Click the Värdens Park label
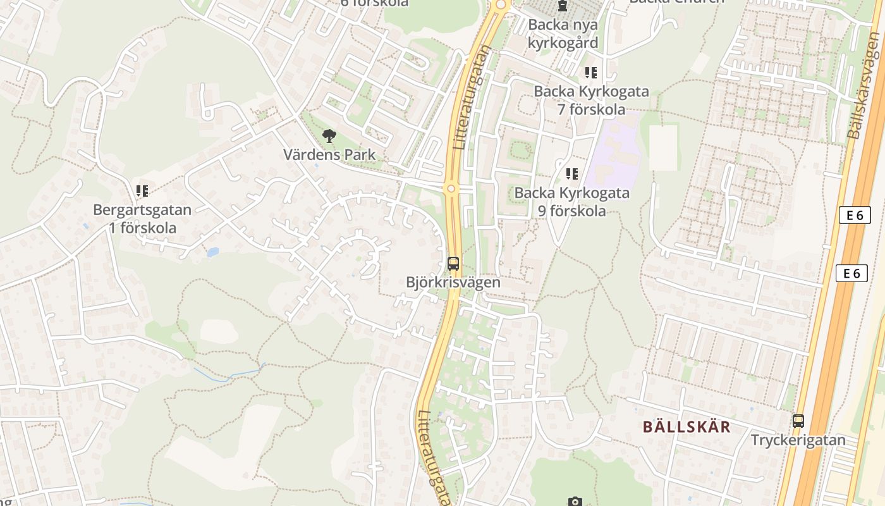329,154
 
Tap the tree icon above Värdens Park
329,135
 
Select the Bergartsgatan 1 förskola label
142,218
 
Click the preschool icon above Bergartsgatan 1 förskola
142,190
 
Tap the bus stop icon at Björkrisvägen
453,263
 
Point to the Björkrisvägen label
453,282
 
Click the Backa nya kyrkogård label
563,34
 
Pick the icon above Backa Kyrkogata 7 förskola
591,73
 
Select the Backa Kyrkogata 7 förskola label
591,100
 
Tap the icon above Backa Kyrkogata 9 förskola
572,173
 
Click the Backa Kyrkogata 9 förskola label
572,201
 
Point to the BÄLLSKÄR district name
687,426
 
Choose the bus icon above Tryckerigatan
798,421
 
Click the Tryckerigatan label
798,440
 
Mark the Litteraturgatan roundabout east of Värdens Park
451,188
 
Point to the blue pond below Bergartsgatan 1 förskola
212,252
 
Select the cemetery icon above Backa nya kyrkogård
563,6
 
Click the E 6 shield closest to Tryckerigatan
852,273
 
